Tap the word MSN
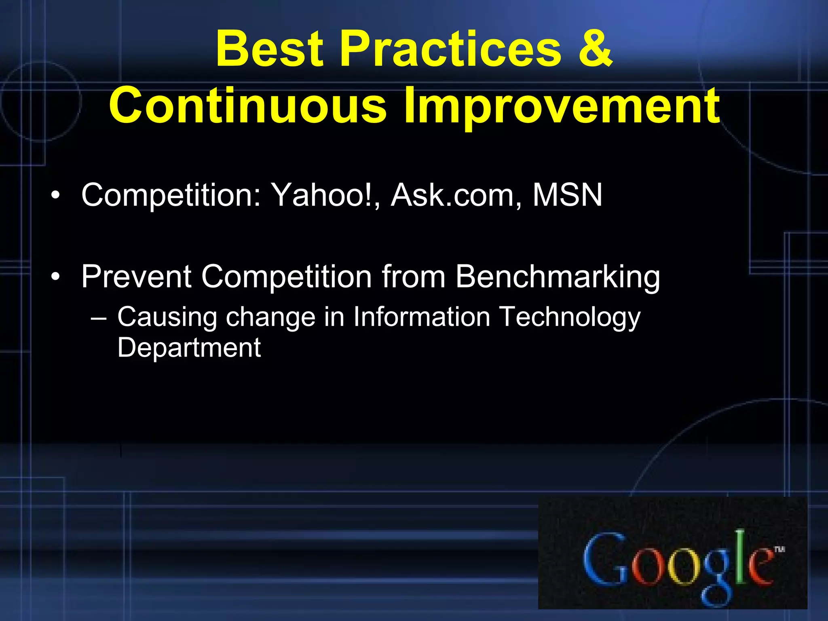[567, 195]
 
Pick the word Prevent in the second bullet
[136, 277]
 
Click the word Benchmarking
[558, 277]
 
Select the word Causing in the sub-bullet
[167, 317]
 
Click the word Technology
[570, 317]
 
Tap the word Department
[189, 348]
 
